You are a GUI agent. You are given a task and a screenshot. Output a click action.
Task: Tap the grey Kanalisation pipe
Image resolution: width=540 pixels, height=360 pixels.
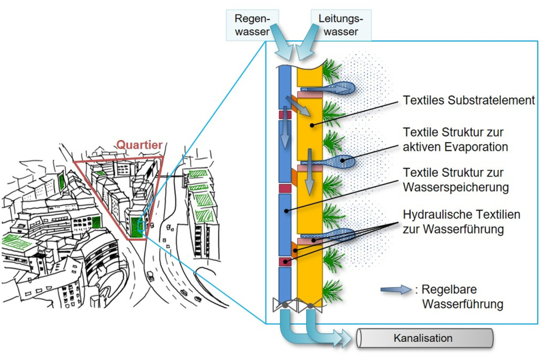(x=427, y=338)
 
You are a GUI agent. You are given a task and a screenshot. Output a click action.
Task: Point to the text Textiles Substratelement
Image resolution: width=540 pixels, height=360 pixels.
(x=469, y=101)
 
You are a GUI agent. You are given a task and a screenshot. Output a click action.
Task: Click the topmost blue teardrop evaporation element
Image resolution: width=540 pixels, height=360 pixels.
(x=337, y=87)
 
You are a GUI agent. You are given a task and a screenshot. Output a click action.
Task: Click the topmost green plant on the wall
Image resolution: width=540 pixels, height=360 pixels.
(x=331, y=69)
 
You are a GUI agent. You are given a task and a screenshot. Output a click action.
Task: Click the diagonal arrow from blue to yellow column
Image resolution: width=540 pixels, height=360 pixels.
(x=293, y=106)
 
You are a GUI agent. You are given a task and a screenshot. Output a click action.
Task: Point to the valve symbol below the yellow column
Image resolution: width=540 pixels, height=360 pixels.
(x=309, y=305)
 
